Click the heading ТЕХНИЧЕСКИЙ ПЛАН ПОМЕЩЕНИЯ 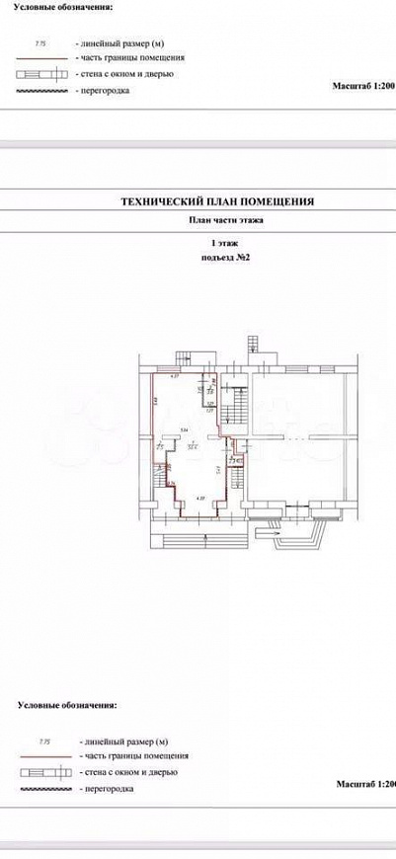(217, 200)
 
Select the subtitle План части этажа (217, 221)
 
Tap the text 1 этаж (217, 242)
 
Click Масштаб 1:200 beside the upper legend (365, 87)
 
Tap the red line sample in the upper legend (43, 59)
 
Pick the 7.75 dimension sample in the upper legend (41, 44)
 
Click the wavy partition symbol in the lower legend (43, 789)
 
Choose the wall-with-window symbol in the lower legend (43, 772)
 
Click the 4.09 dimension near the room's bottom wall (200, 499)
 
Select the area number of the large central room (192, 446)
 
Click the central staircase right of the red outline (236, 406)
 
